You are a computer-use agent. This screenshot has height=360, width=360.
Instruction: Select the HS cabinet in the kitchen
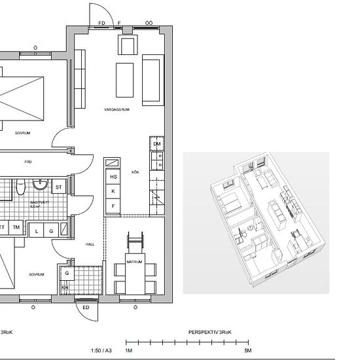coord(113,177)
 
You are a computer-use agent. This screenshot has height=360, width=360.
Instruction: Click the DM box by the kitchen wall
coord(156,144)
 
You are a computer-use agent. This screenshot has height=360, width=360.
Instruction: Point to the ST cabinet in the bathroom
coord(58,187)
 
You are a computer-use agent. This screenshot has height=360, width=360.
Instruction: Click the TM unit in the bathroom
coord(16,228)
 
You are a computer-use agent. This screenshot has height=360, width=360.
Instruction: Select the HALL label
coord(90,243)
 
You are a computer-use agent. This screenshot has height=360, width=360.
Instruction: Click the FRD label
coord(28,160)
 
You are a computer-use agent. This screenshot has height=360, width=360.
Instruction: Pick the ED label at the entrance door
coord(85,308)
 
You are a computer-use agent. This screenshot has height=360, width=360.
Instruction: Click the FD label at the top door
coord(101,23)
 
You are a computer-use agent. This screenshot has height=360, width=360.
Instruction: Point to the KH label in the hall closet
coord(65,286)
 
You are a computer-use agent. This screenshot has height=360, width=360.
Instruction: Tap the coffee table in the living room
coord(125,79)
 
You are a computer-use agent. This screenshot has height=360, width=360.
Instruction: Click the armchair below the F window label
coord(126,46)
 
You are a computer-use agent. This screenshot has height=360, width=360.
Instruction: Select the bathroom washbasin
coord(41,185)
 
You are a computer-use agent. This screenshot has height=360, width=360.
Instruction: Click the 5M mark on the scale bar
coord(247,351)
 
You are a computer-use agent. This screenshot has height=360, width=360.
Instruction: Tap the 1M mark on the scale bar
coord(129,351)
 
